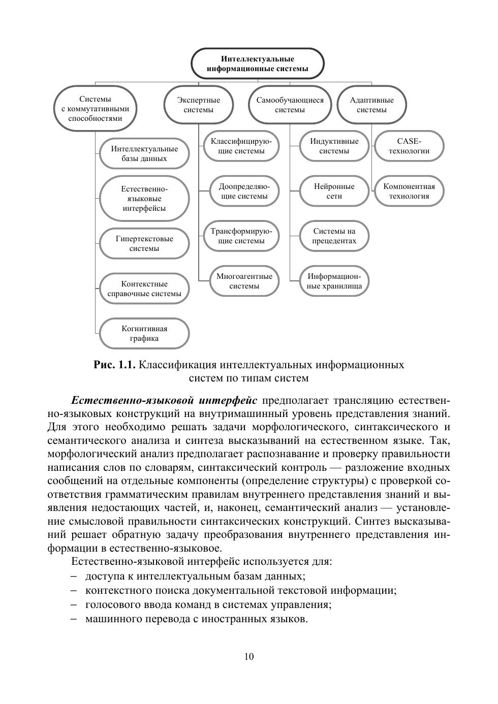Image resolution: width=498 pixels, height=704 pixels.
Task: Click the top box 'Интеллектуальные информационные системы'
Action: (x=257, y=64)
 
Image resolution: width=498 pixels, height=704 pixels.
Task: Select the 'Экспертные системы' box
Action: (x=199, y=105)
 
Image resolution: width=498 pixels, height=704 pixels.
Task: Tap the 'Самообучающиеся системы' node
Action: (x=290, y=105)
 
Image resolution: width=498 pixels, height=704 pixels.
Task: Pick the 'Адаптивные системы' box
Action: (x=371, y=105)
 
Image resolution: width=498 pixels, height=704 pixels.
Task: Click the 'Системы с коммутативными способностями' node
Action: (x=96, y=109)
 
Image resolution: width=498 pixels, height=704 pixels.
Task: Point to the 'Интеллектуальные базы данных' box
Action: (x=144, y=153)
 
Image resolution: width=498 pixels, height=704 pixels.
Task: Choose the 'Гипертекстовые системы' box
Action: (x=144, y=244)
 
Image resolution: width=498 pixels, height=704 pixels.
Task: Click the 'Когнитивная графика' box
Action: (x=144, y=334)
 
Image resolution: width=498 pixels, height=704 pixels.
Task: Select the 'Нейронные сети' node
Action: (x=334, y=191)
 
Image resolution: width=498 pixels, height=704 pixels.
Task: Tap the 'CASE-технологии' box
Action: (x=409, y=146)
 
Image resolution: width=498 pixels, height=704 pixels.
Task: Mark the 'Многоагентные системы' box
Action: (x=244, y=281)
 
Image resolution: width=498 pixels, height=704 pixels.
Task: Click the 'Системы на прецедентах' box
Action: (x=334, y=236)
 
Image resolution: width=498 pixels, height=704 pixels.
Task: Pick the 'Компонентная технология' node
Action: (x=409, y=191)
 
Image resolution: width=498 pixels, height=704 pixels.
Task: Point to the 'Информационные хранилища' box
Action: (x=334, y=281)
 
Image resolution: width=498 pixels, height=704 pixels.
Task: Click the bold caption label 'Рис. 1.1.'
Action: (x=115, y=365)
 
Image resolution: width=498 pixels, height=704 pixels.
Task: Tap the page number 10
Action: (x=249, y=657)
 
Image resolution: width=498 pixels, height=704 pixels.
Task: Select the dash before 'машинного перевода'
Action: (x=74, y=619)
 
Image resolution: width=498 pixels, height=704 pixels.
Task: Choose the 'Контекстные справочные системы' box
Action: (x=144, y=289)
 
